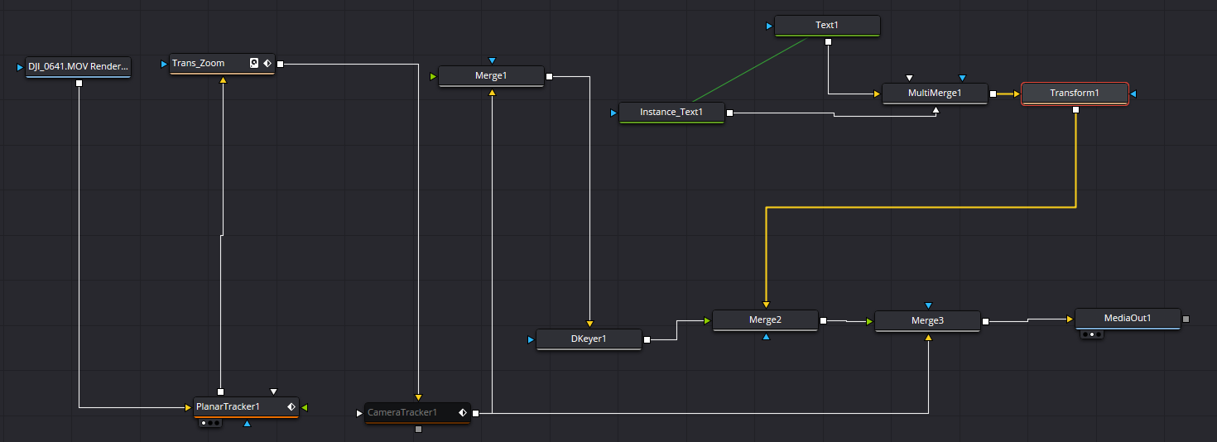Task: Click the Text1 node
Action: (x=827, y=26)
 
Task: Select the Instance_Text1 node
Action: (x=671, y=113)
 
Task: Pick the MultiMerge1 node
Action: (x=935, y=94)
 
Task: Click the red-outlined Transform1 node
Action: (x=1075, y=94)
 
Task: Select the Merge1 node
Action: (x=491, y=76)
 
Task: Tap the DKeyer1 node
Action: (x=589, y=339)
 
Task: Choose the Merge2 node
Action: (x=765, y=320)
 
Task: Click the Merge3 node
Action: (x=927, y=321)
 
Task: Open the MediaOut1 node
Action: (x=1128, y=319)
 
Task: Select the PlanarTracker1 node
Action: (x=246, y=407)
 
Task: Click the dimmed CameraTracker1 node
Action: (x=417, y=413)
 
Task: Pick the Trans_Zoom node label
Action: (x=199, y=64)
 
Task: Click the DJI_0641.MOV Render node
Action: (x=78, y=67)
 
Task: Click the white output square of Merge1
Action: (x=549, y=76)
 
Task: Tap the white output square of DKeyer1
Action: (x=647, y=340)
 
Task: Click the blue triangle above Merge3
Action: (x=929, y=305)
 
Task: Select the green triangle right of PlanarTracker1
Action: (x=305, y=407)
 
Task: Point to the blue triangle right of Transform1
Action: (x=1133, y=94)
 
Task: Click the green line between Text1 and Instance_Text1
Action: (x=750, y=70)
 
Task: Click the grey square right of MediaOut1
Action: (x=1186, y=319)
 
